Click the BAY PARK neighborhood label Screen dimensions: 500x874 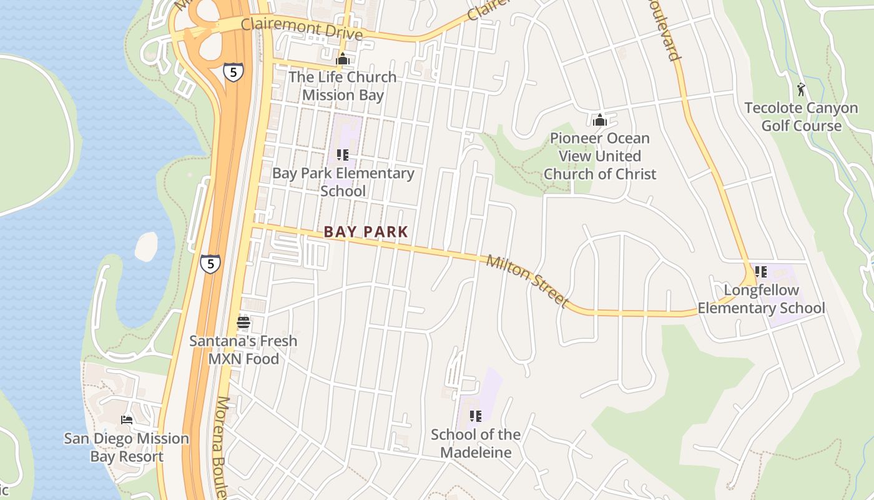[x=366, y=232]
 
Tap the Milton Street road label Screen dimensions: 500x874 [x=528, y=281]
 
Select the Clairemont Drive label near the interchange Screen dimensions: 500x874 [x=302, y=28]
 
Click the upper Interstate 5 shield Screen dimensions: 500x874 [x=233, y=72]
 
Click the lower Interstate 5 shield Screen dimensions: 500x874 [x=210, y=264]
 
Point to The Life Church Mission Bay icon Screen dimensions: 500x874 [x=342, y=60]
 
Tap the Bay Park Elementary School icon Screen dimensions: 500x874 [x=342, y=154]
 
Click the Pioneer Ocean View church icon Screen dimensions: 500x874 [x=600, y=120]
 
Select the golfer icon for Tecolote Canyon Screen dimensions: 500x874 [x=802, y=89]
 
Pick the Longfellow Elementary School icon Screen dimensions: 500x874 [x=760, y=272]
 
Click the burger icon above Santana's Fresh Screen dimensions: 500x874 [x=243, y=323]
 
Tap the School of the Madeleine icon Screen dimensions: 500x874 [x=476, y=416]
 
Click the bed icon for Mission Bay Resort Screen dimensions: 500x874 [x=127, y=420]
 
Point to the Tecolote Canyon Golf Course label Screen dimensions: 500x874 [x=802, y=117]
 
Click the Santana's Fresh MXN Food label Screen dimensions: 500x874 [x=243, y=350]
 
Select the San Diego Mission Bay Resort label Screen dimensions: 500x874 [x=127, y=447]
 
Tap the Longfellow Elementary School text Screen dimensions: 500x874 [x=761, y=299]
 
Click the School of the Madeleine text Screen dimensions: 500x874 [x=476, y=443]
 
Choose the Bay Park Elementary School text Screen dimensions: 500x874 [x=343, y=182]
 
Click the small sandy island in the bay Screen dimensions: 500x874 [x=146, y=246]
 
